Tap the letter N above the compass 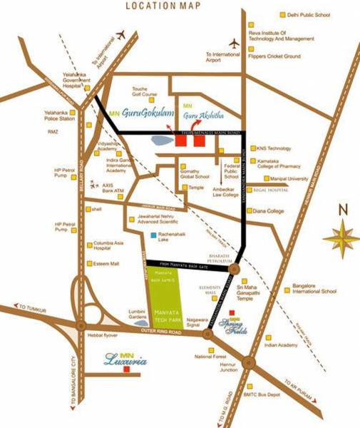click(x=342, y=210)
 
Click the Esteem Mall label click(x=106, y=263)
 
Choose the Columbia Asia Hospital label click(x=108, y=247)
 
